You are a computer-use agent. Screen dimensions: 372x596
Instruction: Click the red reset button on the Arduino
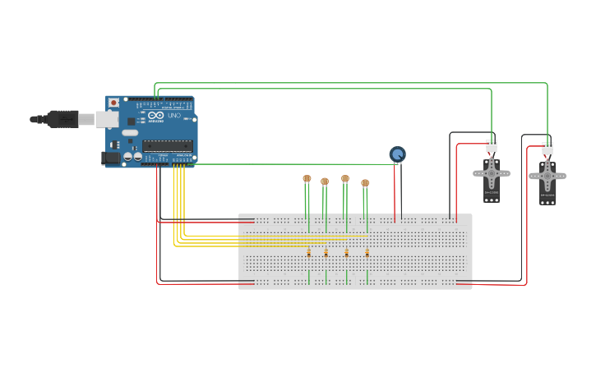113,103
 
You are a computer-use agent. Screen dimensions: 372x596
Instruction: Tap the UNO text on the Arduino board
174,116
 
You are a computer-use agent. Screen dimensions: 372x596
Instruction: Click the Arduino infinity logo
156,117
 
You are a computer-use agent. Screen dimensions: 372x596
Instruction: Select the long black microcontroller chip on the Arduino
168,145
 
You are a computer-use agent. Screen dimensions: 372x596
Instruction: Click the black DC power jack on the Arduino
110,157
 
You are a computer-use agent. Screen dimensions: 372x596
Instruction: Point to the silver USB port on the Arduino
107,120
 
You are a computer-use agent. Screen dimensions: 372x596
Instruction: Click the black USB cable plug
62,119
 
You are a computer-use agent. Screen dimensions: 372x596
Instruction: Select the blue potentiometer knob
397,154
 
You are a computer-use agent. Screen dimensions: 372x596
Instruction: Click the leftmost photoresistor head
307,178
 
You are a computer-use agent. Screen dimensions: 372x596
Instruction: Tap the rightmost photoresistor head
365,183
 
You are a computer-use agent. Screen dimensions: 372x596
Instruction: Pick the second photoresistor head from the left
325,181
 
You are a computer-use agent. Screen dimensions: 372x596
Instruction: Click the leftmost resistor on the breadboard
308,253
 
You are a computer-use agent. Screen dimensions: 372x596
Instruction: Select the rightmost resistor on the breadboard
367,253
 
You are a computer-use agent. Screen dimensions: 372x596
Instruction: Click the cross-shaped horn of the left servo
492,173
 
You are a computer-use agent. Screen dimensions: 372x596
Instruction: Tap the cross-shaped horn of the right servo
547,176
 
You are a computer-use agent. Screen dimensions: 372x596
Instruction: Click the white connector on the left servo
492,145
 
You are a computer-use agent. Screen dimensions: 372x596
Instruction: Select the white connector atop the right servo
547,148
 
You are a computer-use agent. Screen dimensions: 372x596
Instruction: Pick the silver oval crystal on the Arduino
130,132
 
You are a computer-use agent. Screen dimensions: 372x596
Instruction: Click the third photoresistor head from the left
345,178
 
